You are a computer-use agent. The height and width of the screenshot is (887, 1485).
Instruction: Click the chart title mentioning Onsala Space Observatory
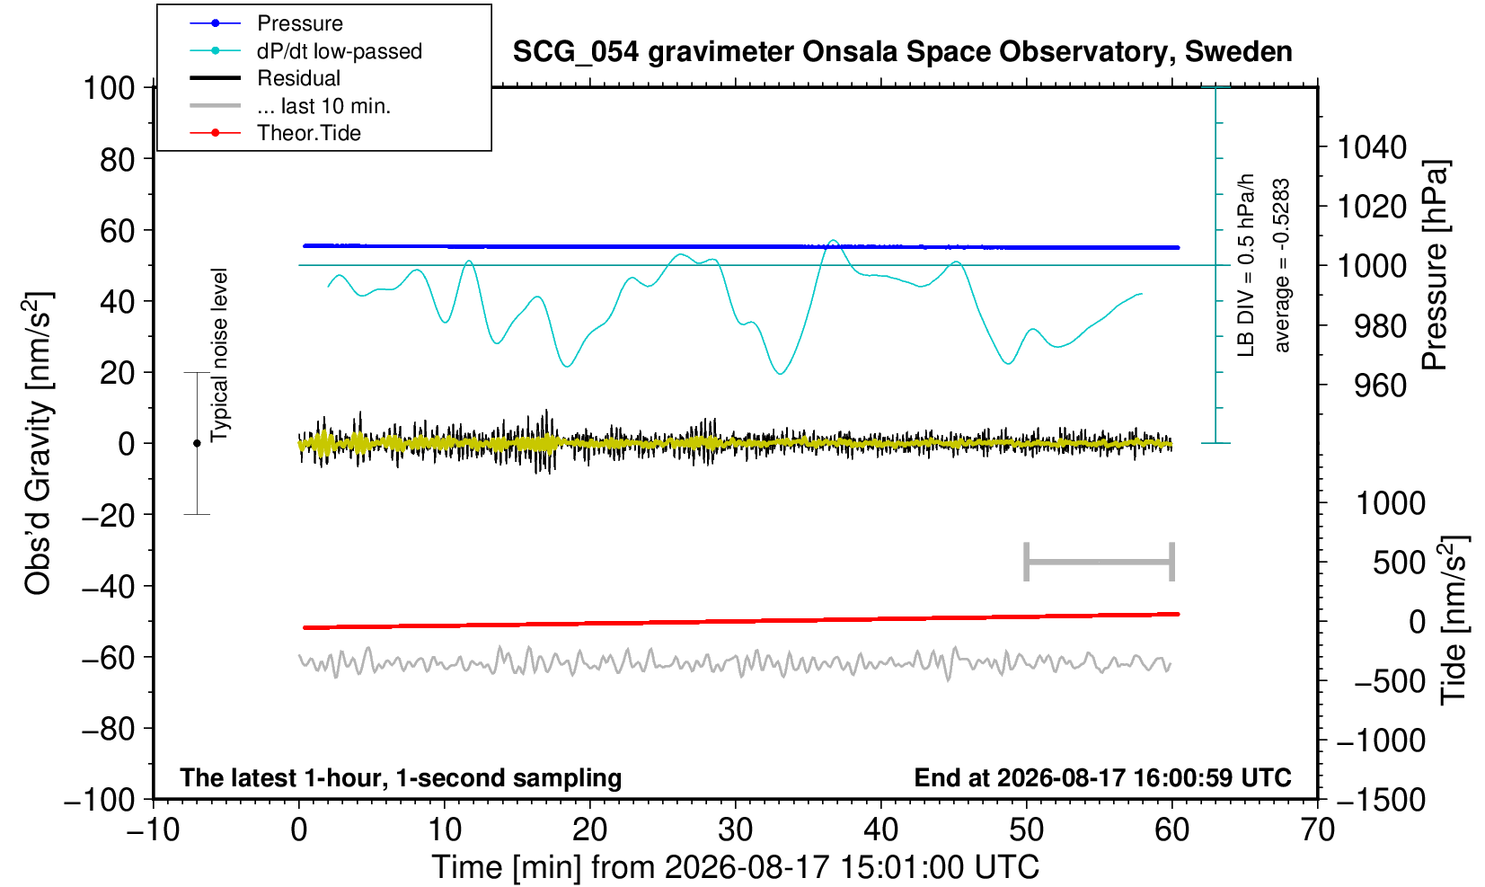pyautogui.click(x=902, y=52)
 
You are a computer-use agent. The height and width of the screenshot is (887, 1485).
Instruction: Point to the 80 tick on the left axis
pyautogui.click(x=118, y=160)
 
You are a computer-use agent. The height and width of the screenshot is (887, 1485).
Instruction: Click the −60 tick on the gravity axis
pyautogui.click(x=109, y=658)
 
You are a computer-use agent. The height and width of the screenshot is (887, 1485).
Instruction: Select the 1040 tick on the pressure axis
pyautogui.click(x=1372, y=147)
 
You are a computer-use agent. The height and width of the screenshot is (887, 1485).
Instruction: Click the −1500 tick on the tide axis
pyautogui.click(x=1381, y=800)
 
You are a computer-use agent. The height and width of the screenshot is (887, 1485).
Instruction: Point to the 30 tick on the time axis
pyautogui.click(x=735, y=830)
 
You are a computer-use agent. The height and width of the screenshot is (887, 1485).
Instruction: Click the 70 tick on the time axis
pyautogui.click(x=1317, y=830)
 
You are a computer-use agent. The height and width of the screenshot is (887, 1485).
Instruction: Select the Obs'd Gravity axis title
pyautogui.click(x=38, y=443)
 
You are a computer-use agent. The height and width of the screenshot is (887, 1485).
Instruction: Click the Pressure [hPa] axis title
pyautogui.click(x=1436, y=265)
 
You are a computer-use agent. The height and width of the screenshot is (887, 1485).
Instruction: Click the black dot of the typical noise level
pyautogui.click(x=197, y=443)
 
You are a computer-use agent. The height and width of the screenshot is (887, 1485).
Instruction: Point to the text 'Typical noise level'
pyautogui.click(x=219, y=356)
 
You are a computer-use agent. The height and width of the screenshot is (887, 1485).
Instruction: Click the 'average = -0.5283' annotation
pyautogui.click(x=1282, y=265)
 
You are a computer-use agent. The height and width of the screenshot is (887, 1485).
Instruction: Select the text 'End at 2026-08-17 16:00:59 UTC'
pyautogui.click(x=1102, y=777)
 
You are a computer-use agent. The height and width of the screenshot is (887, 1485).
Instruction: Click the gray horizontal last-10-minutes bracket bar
pyautogui.click(x=1100, y=562)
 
